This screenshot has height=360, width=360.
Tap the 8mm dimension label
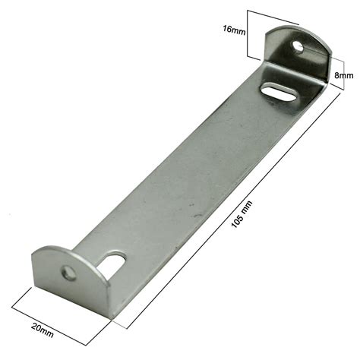(x=343, y=75)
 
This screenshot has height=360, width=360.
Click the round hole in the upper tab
(x=298, y=47)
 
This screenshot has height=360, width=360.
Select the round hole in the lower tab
(x=69, y=273)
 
